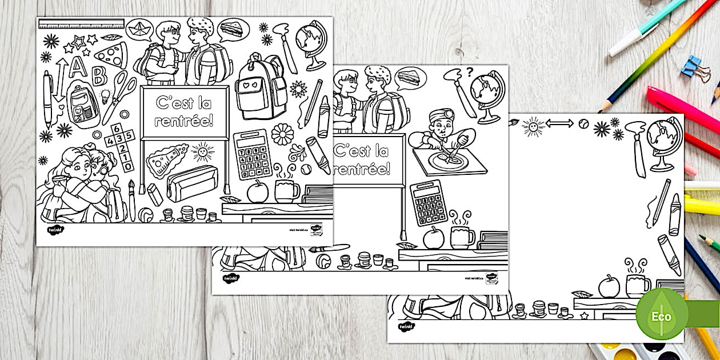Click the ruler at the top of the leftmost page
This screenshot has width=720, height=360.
tap(81, 24)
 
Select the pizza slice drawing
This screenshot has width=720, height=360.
tap(112, 54)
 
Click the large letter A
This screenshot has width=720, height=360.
tap(78, 67)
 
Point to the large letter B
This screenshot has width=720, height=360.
tap(99, 75)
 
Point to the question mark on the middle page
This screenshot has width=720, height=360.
tap(470, 72)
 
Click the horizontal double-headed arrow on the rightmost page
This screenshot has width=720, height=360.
tap(559, 123)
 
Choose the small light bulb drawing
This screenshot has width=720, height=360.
tap(105, 95)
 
